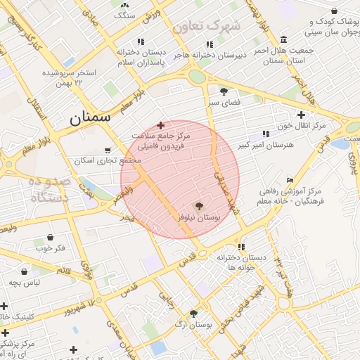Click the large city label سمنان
tap(90, 118)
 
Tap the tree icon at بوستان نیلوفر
tap(199, 206)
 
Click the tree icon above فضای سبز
tap(224, 91)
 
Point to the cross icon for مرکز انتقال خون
tap(301, 114)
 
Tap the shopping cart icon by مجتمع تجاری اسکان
tap(107, 149)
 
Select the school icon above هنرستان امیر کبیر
tap(265, 134)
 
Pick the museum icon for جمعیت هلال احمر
tap(283, 39)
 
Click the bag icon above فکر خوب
tap(50, 238)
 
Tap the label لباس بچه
tap(24, 282)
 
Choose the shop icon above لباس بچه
tap(25, 271)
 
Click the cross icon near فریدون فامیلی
tap(161, 124)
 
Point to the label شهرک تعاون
tap(206, 27)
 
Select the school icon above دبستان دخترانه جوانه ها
tap(241, 247)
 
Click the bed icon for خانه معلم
tap(290, 180)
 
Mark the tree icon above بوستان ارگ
tap(193, 314)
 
